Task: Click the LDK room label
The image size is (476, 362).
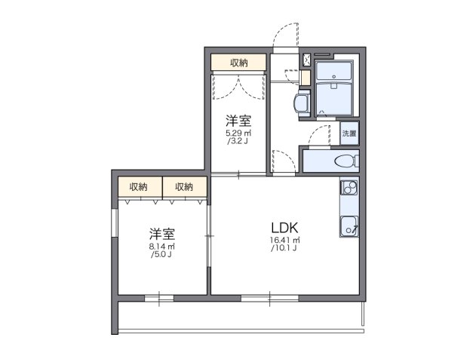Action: (285, 227)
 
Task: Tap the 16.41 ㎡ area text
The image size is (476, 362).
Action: (284, 241)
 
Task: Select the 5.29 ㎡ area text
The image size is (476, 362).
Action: (238, 134)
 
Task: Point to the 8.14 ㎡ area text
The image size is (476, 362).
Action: (161, 247)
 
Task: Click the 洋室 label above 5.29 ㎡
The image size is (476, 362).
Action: (238, 121)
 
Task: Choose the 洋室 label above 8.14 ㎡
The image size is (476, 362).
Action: (161, 233)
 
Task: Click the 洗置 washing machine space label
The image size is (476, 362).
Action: (349, 133)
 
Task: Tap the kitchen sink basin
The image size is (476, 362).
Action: (349, 224)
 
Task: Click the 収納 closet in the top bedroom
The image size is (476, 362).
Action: (238, 63)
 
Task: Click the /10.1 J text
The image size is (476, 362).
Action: (285, 249)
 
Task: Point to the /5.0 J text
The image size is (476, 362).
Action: (161, 255)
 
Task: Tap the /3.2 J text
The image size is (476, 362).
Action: (238, 143)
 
